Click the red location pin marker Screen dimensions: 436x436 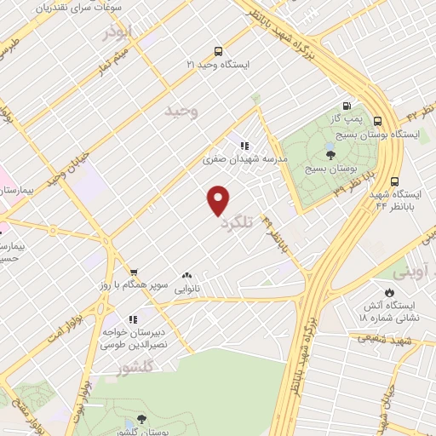pos(219,200)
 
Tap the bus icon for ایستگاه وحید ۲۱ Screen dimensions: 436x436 pos(220,50)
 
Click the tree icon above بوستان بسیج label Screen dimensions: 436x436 pos(330,154)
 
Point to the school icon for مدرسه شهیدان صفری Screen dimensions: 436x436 pos(244,146)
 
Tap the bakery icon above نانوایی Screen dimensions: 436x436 pos(186,275)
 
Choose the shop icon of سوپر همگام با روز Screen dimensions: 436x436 pos(122,272)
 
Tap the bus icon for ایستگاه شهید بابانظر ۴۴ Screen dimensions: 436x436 pos(394,181)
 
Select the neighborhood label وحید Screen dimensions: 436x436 pos(181,112)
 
